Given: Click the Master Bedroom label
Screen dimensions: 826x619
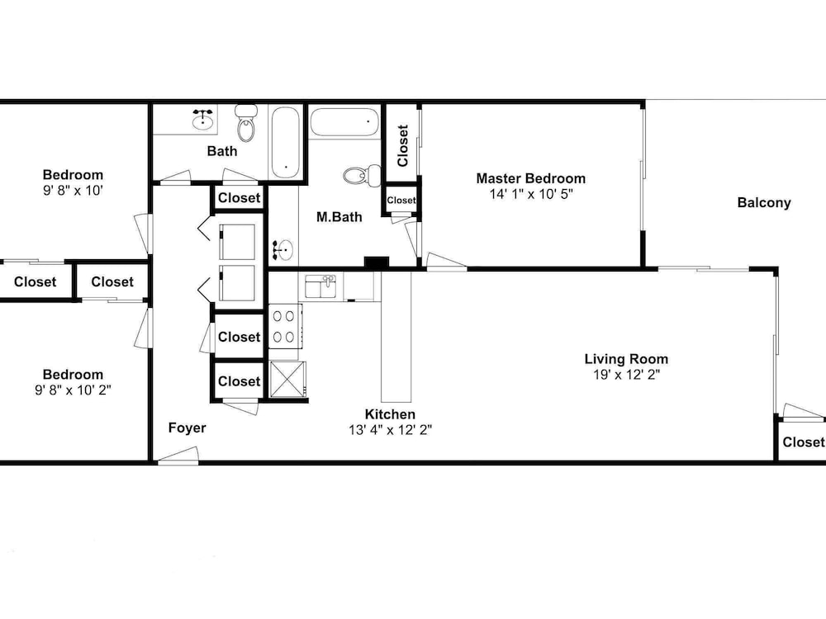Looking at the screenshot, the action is tap(530, 178).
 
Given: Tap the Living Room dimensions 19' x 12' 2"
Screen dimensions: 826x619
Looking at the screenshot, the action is tap(626, 375).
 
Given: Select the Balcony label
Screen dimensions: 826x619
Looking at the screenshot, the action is tap(764, 203).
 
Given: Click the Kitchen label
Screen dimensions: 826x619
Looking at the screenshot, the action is tap(390, 414).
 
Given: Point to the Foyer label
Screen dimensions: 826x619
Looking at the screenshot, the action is tap(187, 428).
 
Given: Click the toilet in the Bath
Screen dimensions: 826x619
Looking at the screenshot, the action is tap(246, 123).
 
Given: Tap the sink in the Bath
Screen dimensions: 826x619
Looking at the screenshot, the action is tap(203, 120).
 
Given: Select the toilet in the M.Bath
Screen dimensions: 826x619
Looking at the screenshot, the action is tap(363, 175).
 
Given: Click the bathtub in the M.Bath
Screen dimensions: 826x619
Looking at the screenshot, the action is tap(344, 122).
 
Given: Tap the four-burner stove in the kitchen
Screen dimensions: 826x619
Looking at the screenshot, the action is tap(285, 326).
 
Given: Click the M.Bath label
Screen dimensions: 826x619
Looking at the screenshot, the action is tap(339, 217).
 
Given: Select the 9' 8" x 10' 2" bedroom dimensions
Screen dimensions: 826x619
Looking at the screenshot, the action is tap(73, 390).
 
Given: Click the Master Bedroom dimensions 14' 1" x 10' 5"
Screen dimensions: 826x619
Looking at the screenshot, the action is tap(531, 194).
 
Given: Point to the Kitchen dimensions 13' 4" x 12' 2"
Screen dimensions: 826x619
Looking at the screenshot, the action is tap(390, 430).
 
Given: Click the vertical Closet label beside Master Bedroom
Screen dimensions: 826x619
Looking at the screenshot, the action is tap(403, 145).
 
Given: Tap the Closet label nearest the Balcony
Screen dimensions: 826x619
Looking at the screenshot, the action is tap(803, 442).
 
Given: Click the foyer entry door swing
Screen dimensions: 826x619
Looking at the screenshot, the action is tap(178, 456).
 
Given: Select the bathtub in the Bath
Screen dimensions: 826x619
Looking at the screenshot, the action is tap(286, 143).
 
